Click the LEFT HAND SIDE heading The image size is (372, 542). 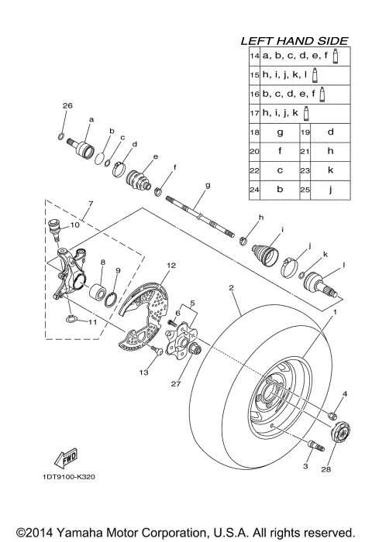[294, 40]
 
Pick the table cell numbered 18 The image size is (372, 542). [253, 132]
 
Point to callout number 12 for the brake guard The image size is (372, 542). [170, 266]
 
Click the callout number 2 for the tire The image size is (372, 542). [231, 287]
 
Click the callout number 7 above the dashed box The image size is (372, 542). [90, 204]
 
